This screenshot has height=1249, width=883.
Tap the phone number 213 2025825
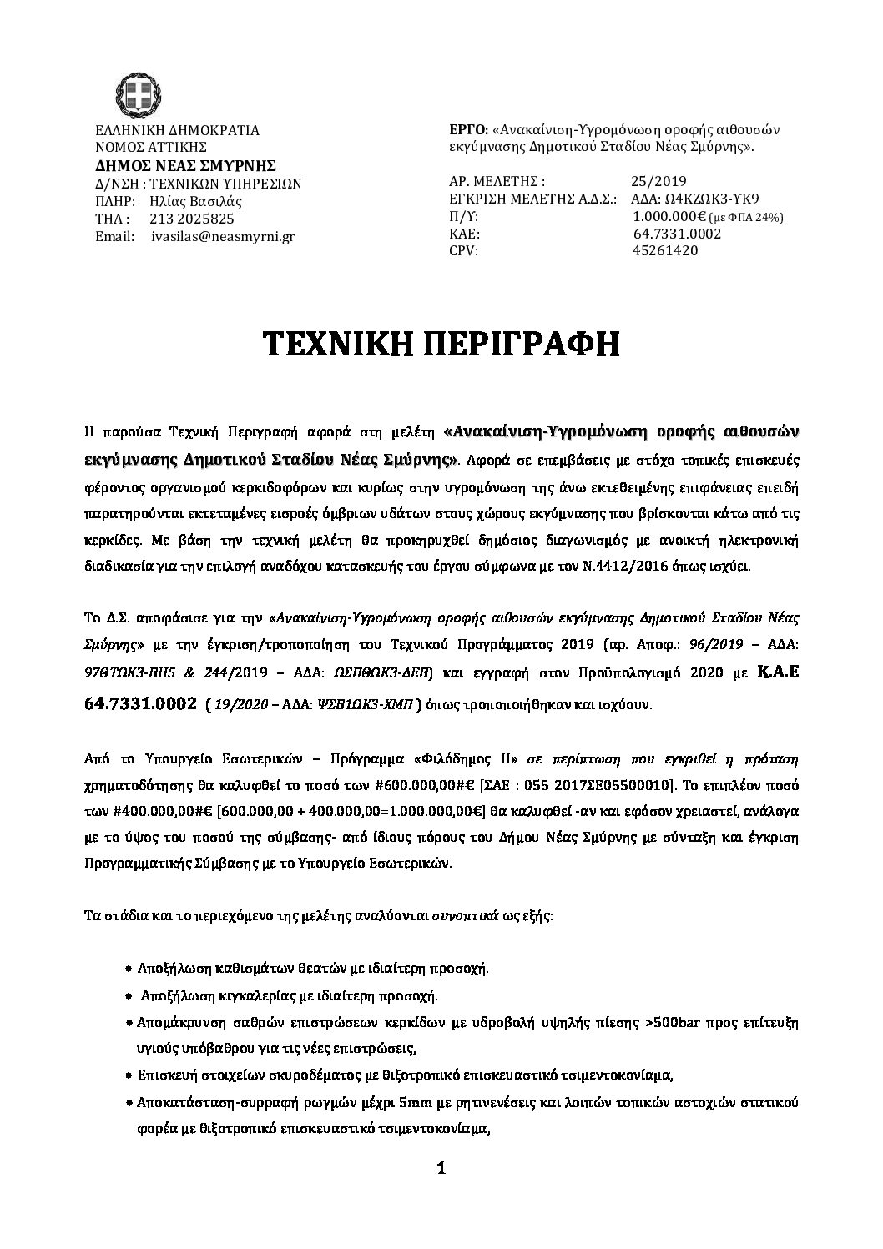pyautogui.click(x=191, y=219)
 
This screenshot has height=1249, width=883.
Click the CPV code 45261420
pyautogui.click(x=666, y=250)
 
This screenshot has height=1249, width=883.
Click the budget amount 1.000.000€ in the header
pyautogui.click(x=670, y=216)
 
